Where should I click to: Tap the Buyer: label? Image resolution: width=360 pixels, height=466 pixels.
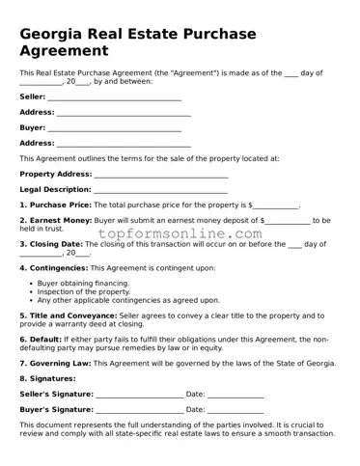(x=32, y=127)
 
